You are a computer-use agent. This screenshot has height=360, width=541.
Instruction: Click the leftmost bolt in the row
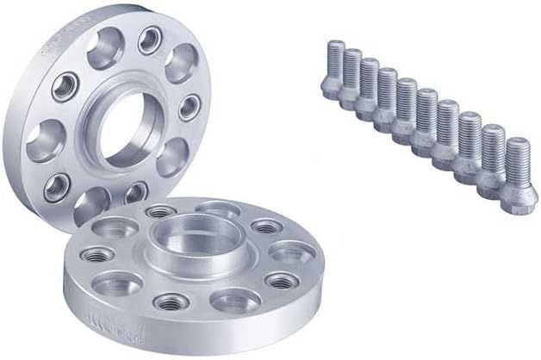332,69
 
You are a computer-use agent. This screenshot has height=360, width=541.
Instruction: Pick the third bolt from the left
369,90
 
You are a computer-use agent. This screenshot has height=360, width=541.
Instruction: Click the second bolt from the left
350,79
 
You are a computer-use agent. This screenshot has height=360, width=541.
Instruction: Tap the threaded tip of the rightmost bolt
517,145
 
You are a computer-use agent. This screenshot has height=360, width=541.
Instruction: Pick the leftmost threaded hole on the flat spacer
97,255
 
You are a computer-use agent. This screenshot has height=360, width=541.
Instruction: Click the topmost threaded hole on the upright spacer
150,39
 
